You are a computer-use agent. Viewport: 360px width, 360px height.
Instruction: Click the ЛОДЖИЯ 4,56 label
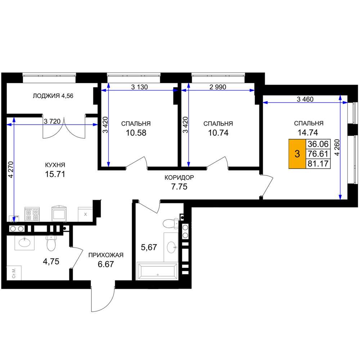point(53,96)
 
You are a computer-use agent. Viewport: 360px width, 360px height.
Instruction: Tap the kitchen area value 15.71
point(55,174)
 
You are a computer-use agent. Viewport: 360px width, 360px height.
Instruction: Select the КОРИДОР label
point(179,177)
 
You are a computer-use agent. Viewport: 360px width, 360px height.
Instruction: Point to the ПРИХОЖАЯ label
point(106,255)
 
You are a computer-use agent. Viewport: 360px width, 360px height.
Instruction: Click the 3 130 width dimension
point(139,87)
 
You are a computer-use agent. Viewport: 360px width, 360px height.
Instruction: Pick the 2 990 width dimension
point(218,87)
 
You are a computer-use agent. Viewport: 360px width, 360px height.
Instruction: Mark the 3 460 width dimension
point(305,99)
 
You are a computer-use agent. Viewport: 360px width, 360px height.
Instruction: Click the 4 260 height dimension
point(337,147)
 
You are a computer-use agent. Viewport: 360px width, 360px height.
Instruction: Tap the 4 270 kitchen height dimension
point(10,170)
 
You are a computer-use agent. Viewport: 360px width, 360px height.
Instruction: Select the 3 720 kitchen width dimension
point(52,121)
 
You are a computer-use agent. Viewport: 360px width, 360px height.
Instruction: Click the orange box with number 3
point(297,154)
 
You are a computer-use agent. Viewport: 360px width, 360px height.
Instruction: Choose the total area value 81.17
point(318,164)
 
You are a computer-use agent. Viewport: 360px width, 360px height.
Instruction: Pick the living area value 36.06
point(318,144)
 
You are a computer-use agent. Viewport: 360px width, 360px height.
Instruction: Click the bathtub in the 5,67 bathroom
point(157,271)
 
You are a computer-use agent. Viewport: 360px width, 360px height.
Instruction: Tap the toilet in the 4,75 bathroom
point(51,243)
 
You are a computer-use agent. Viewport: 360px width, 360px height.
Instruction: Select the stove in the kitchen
point(32,214)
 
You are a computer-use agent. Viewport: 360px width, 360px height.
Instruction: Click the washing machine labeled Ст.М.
point(14,273)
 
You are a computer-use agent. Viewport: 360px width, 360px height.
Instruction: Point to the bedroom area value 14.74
point(308,132)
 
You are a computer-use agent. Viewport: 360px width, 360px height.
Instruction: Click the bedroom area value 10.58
point(136,133)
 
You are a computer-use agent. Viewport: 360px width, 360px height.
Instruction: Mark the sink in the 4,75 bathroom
point(24,243)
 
